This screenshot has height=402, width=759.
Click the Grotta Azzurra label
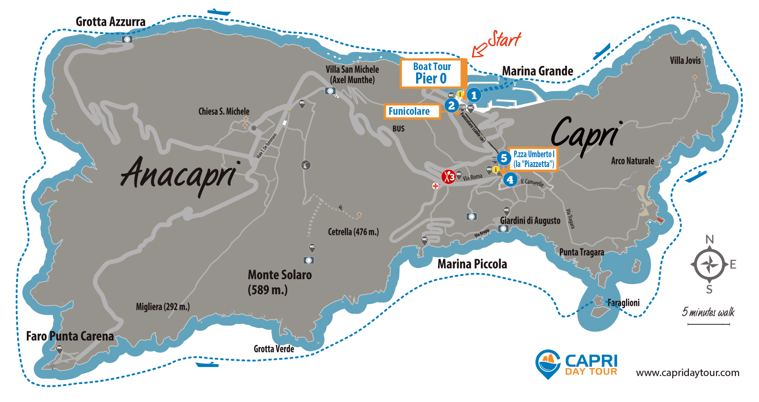coord(110,21)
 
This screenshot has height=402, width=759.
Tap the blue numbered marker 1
coord(474,95)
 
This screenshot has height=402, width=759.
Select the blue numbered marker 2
coord(451,105)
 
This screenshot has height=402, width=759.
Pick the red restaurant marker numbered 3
coord(449,177)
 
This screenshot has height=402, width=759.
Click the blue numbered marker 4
coord(510,180)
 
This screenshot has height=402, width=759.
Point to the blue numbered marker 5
coord(504,158)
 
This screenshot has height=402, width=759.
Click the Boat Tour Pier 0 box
coord(432,73)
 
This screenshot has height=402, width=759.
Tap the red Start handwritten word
coord(504,39)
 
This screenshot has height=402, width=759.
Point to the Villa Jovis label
coord(685,60)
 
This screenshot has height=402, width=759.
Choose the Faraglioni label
coord(623,302)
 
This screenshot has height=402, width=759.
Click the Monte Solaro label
coord(279,282)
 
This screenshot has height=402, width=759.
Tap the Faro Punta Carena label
coord(70,336)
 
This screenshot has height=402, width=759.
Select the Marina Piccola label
coord(472,264)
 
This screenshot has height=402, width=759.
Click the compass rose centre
coord(709,264)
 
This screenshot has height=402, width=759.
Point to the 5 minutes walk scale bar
coord(709,324)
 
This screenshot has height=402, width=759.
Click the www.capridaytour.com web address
coord(688,373)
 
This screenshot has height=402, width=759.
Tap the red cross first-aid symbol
coord(435,186)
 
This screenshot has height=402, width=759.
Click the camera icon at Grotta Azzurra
coord(127,39)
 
